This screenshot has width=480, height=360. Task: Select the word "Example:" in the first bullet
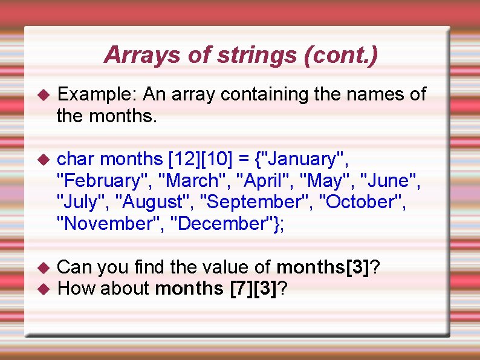point(99,94)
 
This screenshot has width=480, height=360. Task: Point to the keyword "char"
point(76,160)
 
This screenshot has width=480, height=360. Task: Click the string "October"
point(362,202)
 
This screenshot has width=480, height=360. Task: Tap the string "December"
point(224,224)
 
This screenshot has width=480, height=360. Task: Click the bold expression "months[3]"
point(323,267)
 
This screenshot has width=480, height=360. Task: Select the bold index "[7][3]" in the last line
point(254,289)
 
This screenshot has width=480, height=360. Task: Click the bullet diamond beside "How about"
point(42,289)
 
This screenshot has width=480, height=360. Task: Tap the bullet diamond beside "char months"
point(42,160)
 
